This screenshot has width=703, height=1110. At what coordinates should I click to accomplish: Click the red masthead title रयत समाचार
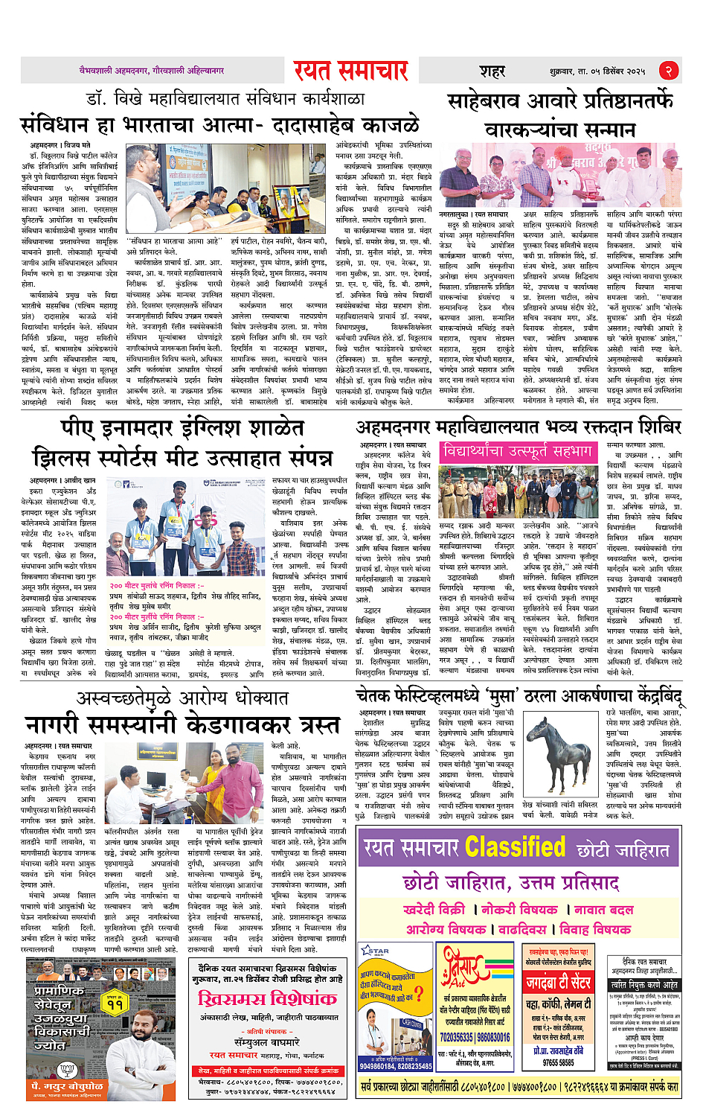click(350, 71)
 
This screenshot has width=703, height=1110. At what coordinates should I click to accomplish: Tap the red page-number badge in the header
click(669, 71)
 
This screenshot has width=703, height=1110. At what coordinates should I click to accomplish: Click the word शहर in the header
click(492, 71)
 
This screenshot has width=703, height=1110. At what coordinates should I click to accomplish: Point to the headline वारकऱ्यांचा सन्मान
click(561, 129)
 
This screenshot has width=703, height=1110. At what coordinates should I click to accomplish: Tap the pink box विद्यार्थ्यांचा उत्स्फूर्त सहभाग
click(519, 452)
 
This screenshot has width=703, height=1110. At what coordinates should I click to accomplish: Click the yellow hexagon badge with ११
click(115, 1004)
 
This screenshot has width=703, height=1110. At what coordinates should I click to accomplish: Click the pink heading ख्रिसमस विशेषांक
click(267, 998)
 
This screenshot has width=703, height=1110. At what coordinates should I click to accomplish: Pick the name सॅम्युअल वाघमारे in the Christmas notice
click(266, 1043)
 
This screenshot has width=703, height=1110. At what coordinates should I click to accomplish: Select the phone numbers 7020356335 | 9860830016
click(475, 1037)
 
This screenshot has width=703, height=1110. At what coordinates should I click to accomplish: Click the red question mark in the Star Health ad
click(420, 993)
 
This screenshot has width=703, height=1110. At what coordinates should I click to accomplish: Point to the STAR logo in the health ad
click(375, 951)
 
